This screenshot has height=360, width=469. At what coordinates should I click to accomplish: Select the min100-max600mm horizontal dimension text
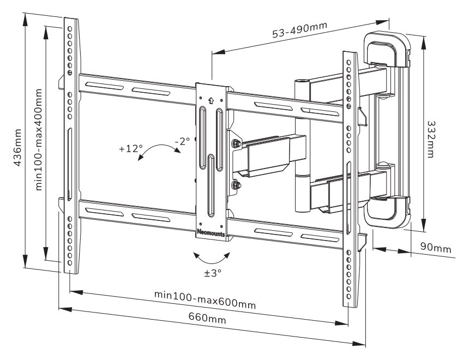click(205, 299)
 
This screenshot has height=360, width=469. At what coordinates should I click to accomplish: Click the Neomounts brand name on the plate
click(212, 231)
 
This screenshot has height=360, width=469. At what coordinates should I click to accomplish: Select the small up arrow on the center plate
click(211, 100)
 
